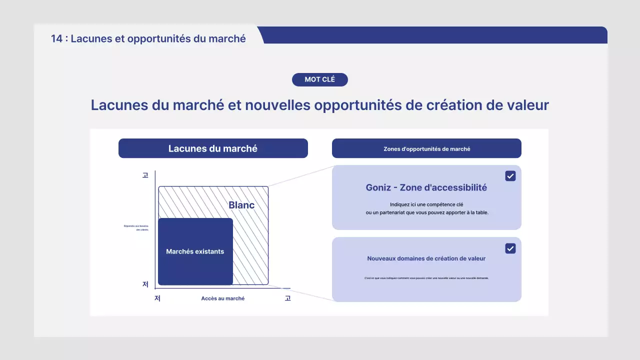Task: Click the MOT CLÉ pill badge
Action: click(320, 79)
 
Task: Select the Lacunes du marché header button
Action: click(213, 148)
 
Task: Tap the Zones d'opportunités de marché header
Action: click(426, 148)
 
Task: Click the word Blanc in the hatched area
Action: click(241, 205)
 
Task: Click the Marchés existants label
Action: click(195, 251)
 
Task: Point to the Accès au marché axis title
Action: click(223, 298)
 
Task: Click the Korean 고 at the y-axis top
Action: click(145, 175)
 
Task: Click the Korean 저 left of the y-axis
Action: click(145, 284)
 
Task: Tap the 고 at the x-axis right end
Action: click(287, 298)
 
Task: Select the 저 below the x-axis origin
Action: click(157, 298)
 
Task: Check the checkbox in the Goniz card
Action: click(510, 176)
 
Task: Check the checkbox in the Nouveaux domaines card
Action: click(510, 248)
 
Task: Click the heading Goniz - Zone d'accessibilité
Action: click(426, 187)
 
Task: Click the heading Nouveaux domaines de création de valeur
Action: click(426, 258)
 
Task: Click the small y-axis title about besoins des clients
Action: click(136, 228)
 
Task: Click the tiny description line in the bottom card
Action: click(426, 278)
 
